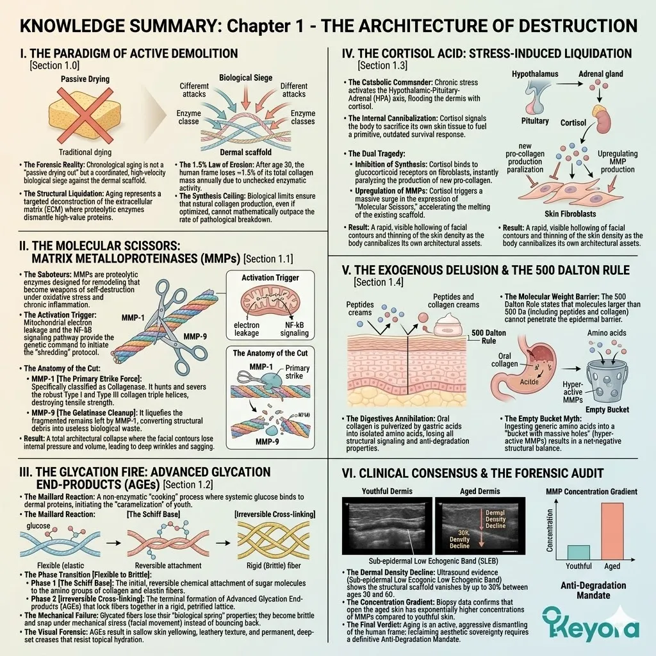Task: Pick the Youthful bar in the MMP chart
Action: coord(578,552)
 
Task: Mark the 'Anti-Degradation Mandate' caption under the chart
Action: coord(593,591)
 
